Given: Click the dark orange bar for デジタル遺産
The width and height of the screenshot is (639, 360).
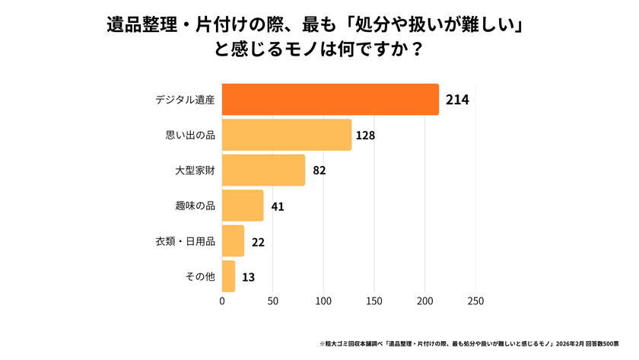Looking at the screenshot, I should coord(330,100).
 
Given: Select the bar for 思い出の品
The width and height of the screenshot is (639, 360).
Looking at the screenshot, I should coord(287,135).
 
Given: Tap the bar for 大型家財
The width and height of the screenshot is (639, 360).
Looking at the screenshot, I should coord(263,170).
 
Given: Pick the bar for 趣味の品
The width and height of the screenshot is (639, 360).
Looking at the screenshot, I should coord(243,205).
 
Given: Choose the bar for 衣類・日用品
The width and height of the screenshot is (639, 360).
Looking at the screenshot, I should coord(233,241).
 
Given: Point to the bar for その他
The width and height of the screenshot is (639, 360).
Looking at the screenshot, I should coord(228,276).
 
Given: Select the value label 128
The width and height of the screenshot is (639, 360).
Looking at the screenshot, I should coord(366,135).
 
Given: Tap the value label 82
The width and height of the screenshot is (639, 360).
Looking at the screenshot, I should coord(319,170).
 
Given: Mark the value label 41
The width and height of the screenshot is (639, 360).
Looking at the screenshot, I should coord(277,206).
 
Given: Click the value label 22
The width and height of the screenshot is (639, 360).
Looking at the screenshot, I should coord(258,241).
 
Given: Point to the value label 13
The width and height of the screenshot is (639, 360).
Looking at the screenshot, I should coord(249,277).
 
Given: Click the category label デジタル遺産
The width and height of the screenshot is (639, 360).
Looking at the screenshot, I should coord(185,100).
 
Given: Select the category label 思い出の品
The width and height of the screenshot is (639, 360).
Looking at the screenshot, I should coord(190,135).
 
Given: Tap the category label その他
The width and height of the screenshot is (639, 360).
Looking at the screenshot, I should coord(200,277).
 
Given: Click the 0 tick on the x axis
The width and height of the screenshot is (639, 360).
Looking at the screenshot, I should coord(222,301).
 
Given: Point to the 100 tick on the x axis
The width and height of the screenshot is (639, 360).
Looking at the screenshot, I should coord(323,301).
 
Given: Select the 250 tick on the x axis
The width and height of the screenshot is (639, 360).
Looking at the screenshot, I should coord(475,301).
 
